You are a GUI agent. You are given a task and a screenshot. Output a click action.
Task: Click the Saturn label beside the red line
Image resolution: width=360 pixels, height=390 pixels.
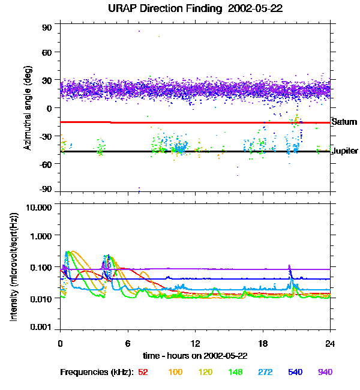point(344,122)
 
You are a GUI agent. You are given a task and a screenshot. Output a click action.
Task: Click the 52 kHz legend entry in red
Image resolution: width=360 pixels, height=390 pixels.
point(143,372)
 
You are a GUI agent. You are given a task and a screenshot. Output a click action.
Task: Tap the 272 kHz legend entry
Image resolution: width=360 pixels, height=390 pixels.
point(263,372)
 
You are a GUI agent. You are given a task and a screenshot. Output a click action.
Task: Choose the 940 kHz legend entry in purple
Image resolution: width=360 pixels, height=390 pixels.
point(325,372)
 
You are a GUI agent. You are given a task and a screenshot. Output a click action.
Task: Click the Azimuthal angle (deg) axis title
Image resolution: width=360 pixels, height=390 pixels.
point(26,108)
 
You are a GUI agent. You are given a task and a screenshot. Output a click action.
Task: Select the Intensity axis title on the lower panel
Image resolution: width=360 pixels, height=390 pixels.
point(14,266)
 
